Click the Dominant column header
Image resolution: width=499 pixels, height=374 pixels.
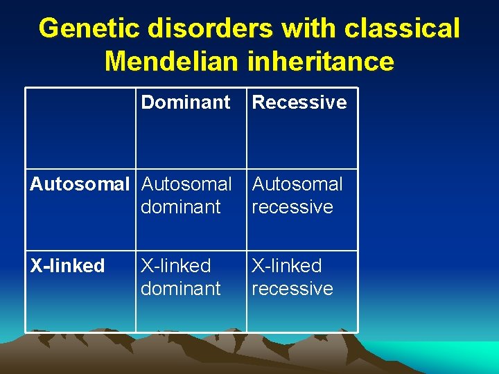coord(185,103)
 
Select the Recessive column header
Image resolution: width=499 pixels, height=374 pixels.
coord(299,103)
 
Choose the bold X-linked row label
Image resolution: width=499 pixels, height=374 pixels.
coord(67,266)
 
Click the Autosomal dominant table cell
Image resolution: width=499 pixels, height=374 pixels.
coord(186,195)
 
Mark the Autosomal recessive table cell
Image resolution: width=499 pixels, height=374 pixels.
coord(297,195)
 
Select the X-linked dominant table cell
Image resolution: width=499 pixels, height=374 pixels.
coord(180,277)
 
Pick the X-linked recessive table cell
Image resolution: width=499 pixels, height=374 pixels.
coord(292,277)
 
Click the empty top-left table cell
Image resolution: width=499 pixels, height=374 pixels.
coord(80,128)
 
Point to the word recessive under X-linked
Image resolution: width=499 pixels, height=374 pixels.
coord(292,288)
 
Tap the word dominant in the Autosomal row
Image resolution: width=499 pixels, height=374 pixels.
coord(180,206)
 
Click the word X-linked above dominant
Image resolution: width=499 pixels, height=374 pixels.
coord(175,266)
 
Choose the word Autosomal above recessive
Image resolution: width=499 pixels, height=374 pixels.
coord(297,184)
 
